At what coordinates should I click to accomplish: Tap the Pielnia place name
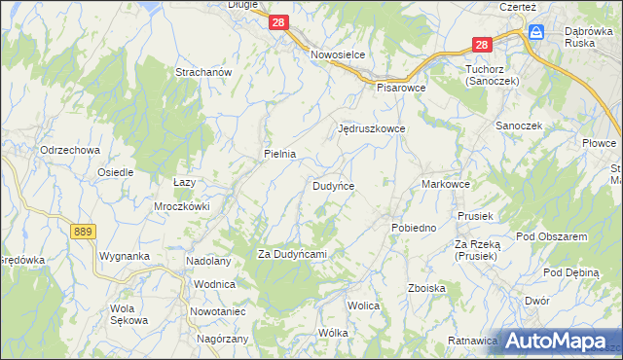(279, 154)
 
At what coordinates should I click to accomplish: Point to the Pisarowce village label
(401, 87)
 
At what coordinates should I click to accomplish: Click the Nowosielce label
(338, 55)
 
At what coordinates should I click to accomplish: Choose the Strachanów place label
(202, 73)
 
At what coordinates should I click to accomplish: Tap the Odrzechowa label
(71, 150)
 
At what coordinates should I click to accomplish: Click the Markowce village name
(447, 184)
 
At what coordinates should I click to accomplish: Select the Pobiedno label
(414, 228)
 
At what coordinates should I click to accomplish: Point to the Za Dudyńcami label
(291, 254)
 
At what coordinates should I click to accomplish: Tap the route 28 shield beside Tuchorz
(482, 45)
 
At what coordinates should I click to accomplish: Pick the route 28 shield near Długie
(279, 21)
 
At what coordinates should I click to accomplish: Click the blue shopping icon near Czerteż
(536, 32)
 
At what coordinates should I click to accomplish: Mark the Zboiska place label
(427, 288)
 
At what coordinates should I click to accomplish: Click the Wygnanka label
(124, 257)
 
